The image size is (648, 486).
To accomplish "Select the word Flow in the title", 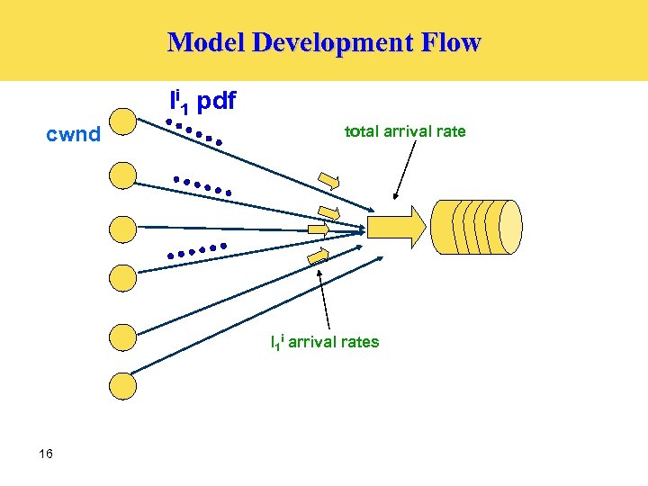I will [455, 42].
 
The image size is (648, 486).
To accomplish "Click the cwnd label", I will [73, 136].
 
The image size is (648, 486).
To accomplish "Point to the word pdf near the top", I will [216, 101].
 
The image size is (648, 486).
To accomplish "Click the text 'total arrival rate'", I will [405, 131].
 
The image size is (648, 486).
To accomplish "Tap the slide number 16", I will [46, 454].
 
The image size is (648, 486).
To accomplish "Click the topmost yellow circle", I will [121, 123].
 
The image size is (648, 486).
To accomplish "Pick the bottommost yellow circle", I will [121, 386].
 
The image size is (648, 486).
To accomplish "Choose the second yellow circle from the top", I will [121, 175].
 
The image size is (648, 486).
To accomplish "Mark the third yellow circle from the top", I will [121, 229].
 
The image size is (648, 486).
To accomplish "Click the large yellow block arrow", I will [392, 226].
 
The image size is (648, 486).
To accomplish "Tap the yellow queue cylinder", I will [476, 226].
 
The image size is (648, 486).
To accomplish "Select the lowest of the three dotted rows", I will [195, 251].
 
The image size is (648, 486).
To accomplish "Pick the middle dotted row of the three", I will [202, 185].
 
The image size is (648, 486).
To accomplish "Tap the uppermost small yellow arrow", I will [330, 181].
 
